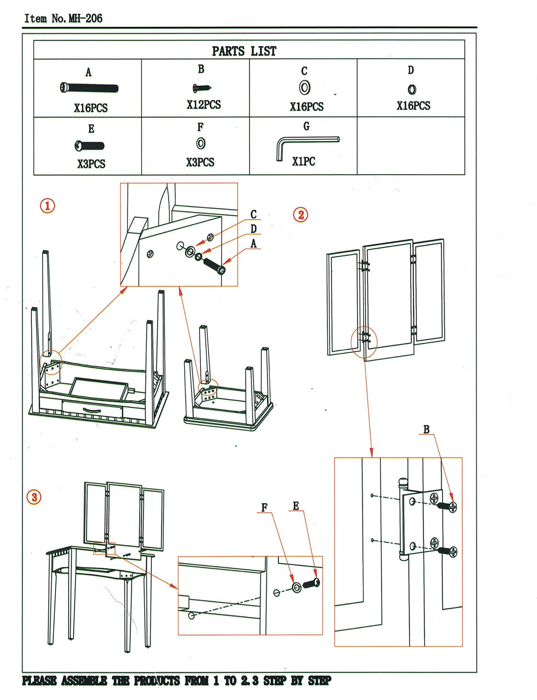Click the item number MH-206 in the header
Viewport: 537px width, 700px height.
click(x=85, y=19)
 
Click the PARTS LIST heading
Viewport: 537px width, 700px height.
click(x=244, y=51)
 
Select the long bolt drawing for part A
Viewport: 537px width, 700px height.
click(x=89, y=88)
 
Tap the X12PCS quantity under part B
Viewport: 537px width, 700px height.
click(x=203, y=105)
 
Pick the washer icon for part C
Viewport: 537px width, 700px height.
click(x=304, y=87)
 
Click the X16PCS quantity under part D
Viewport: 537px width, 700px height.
click(x=413, y=106)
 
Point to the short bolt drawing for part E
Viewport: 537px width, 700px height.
click(x=90, y=146)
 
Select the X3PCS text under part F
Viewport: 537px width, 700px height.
click(x=200, y=162)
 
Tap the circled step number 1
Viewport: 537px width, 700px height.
click(x=48, y=206)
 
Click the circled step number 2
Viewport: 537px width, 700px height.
click(x=301, y=215)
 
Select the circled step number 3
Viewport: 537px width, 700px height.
click(x=35, y=497)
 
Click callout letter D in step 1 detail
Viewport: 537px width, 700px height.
click(x=253, y=229)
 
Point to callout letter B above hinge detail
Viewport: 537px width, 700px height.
click(x=426, y=429)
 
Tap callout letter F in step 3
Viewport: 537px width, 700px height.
click(x=265, y=508)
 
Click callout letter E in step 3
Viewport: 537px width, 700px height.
click(x=296, y=506)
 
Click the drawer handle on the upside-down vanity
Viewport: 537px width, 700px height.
click(x=92, y=411)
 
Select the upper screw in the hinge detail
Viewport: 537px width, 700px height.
click(x=446, y=506)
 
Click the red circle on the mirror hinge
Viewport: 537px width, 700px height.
click(x=364, y=342)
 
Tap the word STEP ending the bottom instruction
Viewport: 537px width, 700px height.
click(x=319, y=681)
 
